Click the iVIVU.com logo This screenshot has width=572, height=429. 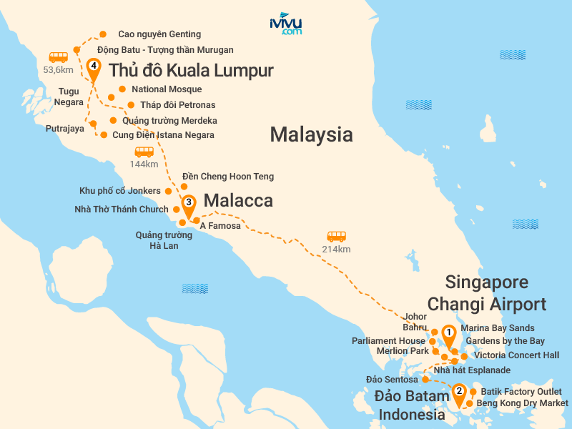click(x=286, y=24)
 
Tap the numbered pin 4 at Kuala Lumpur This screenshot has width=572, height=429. click(x=93, y=69)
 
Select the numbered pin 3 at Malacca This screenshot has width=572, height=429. click(x=187, y=204)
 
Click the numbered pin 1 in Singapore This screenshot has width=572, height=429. click(x=448, y=333)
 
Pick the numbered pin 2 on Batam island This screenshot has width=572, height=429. click(x=458, y=393)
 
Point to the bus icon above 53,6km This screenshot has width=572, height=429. click(x=58, y=56)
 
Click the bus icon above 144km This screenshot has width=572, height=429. click(x=144, y=152)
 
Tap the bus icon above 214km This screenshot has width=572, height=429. click(x=336, y=236)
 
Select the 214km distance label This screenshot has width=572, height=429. click(x=336, y=250)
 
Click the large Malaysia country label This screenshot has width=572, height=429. click(x=311, y=134)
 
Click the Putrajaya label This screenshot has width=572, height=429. click(x=64, y=129)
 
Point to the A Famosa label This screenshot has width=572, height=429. click(x=220, y=226)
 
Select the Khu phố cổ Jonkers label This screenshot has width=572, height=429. click(x=120, y=191)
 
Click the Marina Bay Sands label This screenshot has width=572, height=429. click(x=497, y=328)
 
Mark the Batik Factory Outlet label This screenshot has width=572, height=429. click(x=521, y=392)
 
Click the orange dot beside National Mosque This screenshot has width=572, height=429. click(x=122, y=89)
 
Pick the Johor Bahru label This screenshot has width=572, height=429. click(x=415, y=322)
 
